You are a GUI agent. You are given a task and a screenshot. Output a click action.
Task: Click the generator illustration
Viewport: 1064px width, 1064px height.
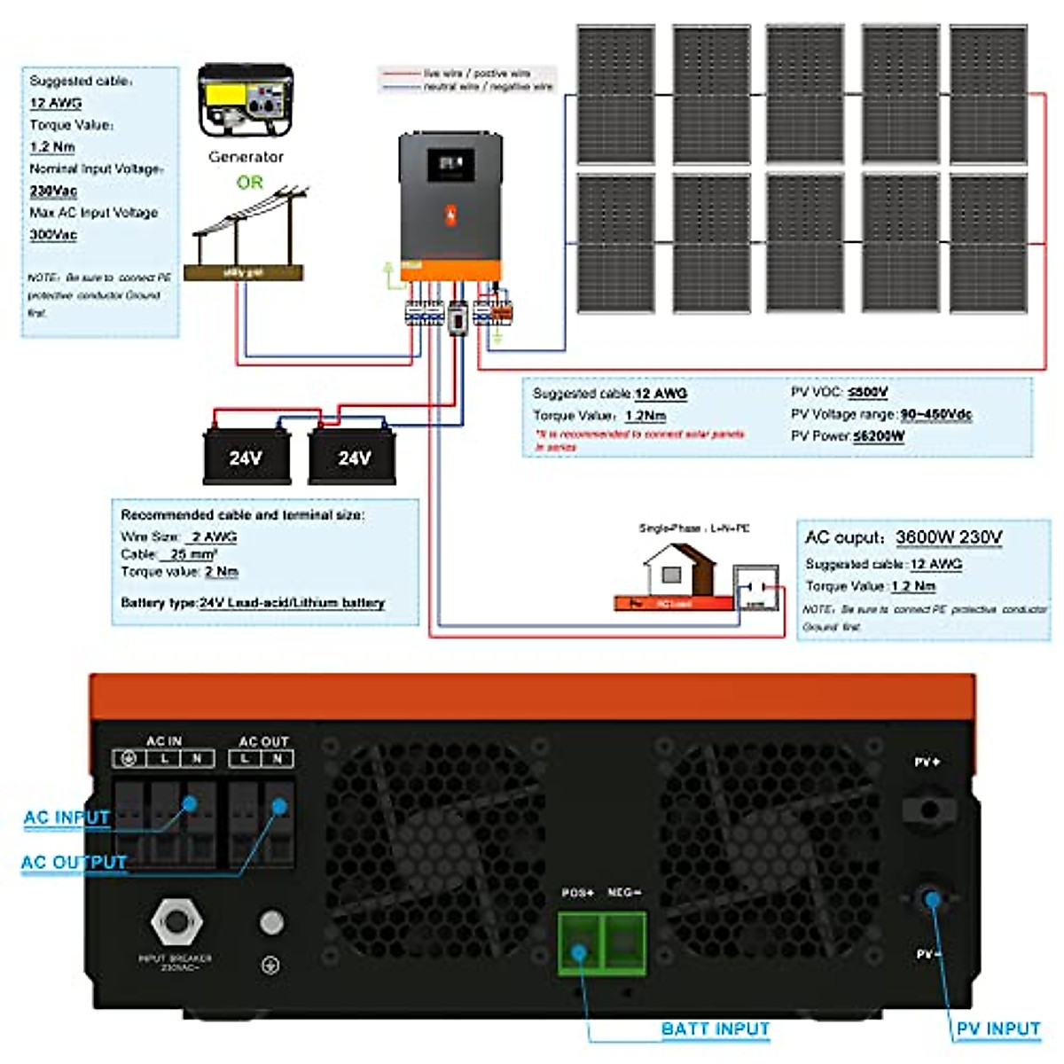(245, 99)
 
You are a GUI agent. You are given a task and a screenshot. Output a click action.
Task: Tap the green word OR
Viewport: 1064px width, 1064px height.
(250, 183)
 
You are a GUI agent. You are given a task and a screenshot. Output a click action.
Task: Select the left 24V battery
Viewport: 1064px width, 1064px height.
(246, 457)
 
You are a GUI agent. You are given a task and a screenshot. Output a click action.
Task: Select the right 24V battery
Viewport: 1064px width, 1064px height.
(353, 457)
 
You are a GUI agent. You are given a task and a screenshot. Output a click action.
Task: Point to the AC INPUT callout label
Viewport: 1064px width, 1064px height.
(66, 818)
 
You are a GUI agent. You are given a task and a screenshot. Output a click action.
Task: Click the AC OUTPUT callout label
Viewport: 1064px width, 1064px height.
(74, 862)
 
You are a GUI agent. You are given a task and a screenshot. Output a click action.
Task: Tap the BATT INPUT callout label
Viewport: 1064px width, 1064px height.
(715, 1029)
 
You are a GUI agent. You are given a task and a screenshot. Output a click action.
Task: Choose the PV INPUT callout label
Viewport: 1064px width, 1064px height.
(997, 1029)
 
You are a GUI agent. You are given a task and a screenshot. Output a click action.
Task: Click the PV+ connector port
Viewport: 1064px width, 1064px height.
(927, 810)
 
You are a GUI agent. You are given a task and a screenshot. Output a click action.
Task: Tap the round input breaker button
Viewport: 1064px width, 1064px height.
(176, 922)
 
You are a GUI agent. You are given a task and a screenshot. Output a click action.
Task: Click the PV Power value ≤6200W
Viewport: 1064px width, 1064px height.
(878, 436)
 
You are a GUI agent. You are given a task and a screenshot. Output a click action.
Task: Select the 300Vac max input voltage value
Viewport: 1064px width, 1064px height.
(53, 235)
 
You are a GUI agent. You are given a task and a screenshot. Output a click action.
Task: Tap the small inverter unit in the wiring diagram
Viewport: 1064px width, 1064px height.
(450, 207)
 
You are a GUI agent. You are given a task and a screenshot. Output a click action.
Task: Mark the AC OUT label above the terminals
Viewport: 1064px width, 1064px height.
(263, 741)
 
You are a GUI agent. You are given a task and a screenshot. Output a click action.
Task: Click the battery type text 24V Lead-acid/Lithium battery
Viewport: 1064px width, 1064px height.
(292, 603)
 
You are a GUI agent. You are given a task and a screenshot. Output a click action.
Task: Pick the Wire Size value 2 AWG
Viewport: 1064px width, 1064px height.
(214, 536)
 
